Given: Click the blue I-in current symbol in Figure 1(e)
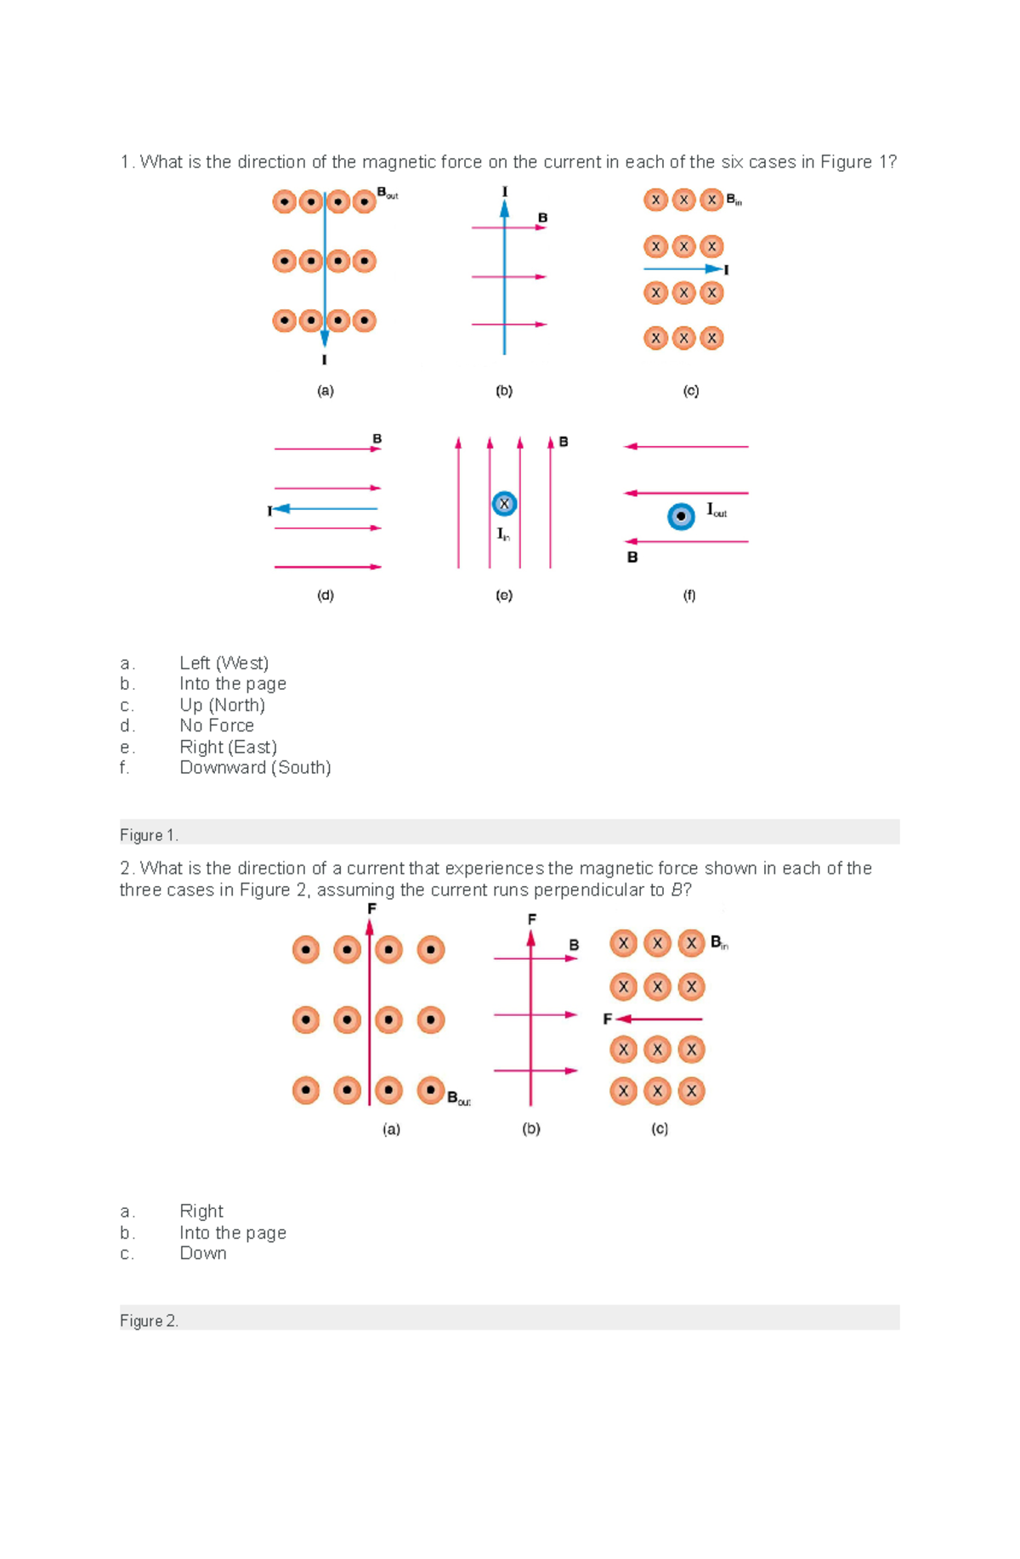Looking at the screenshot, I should (504, 504).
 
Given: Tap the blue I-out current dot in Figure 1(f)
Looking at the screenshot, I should (681, 516).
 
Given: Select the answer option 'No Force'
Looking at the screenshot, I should (217, 726).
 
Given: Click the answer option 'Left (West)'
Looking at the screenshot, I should (224, 663).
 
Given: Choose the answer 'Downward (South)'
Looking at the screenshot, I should (255, 767).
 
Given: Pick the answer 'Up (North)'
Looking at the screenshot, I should (222, 705).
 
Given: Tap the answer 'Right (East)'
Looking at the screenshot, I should (228, 747).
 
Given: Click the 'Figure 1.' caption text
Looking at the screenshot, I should (149, 835).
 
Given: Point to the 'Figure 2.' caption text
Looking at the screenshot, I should (149, 1320).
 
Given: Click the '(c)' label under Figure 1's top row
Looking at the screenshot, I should (690, 391).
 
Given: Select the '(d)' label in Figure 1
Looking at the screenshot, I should (325, 596).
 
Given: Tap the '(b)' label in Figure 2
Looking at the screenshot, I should (531, 1128).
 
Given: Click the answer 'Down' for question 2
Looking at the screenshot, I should (203, 1253).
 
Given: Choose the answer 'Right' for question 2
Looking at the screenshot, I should (201, 1211).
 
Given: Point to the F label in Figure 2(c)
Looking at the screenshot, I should (607, 1019).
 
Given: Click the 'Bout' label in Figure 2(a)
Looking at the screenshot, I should (458, 1098).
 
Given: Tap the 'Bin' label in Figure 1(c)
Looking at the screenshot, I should (734, 201).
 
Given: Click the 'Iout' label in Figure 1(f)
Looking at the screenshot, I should (716, 510).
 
